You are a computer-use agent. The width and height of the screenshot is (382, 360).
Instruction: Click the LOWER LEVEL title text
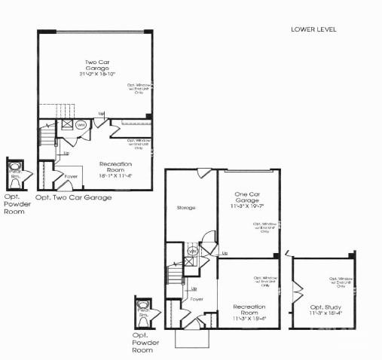pyautogui.click(x=313, y=29)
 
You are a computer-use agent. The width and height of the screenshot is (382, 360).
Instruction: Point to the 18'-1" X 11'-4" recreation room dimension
pyautogui.click(x=115, y=175)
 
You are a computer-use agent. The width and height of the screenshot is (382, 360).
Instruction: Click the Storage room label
pyautogui.click(x=186, y=208)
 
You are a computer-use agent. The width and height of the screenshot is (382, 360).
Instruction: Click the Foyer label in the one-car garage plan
pyautogui.click(x=197, y=299)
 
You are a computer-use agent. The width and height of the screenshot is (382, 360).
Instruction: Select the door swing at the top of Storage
pyautogui.click(x=204, y=174)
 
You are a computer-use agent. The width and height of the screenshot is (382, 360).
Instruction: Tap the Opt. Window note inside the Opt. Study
pyautogui.click(x=341, y=282)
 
